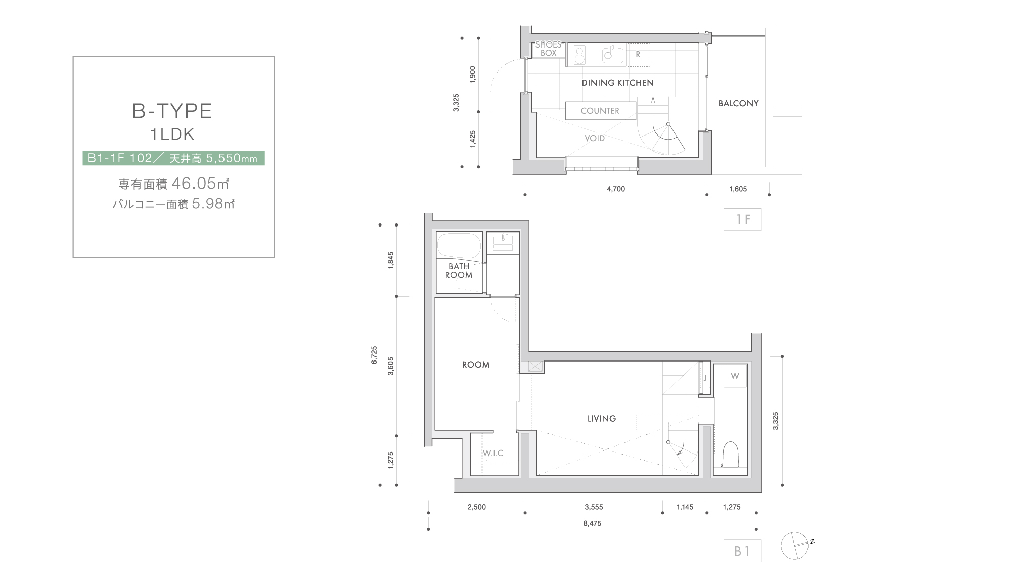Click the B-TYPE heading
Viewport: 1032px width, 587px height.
[x=172, y=111]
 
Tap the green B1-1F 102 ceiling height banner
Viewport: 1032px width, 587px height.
[x=173, y=158]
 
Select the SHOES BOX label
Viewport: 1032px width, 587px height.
[x=549, y=49]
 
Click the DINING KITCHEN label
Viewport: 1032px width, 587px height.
[x=617, y=83]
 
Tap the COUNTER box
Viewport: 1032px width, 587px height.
[x=600, y=111]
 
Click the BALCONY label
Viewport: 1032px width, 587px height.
[x=738, y=103]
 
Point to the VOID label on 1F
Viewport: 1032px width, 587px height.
[x=595, y=138]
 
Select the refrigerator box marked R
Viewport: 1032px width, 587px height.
[x=638, y=55]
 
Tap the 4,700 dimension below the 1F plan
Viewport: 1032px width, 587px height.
[x=616, y=189]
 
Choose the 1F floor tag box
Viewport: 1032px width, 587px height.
[x=742, y=220]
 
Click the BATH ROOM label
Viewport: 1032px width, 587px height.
[x=459, y=270]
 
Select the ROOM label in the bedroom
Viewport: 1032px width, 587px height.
[x=476, y=365]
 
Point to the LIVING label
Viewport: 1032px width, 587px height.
[x=602, y=419]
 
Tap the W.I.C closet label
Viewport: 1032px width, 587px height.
[x=493, y=453]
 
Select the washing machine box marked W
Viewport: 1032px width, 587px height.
[x=735, y=376]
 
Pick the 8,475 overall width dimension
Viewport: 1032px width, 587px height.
[x=592, y=524]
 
